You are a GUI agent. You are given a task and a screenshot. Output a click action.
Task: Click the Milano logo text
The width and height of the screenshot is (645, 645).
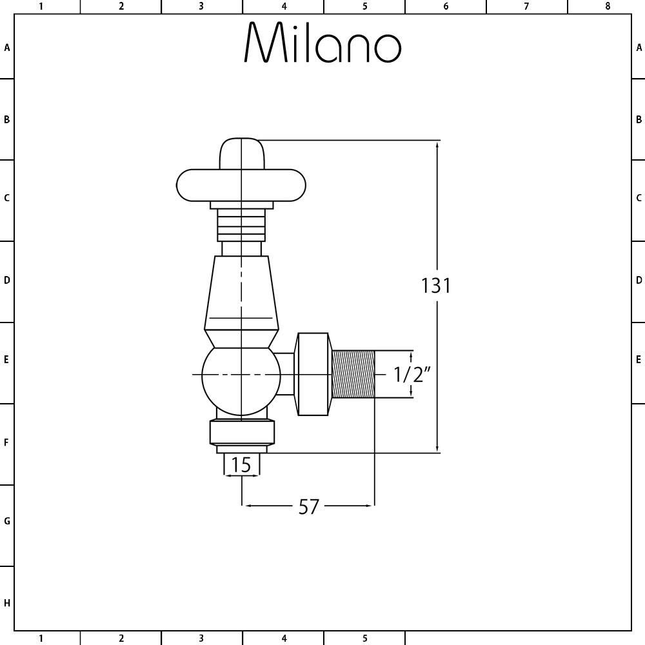click(322, 43)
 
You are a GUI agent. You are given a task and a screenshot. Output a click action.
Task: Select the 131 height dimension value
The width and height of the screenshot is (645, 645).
click(436, 286)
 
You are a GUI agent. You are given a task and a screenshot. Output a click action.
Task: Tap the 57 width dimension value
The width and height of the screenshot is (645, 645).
click(308, 507)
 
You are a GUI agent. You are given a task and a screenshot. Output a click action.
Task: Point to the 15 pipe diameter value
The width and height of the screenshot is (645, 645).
click(241, 465)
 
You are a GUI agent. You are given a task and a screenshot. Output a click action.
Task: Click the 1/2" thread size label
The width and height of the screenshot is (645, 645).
click(412, 374)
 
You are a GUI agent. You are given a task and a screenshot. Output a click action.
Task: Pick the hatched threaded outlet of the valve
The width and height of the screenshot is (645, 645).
click(353, 374)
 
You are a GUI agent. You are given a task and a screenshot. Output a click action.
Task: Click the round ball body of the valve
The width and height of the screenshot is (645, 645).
click(241, 381)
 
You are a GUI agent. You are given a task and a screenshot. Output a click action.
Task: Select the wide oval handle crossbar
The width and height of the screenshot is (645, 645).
click(241, 185)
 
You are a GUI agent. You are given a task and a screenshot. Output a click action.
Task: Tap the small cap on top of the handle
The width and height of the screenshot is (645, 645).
click(241, 154)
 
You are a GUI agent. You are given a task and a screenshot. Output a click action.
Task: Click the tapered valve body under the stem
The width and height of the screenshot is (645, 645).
click(241, 292)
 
